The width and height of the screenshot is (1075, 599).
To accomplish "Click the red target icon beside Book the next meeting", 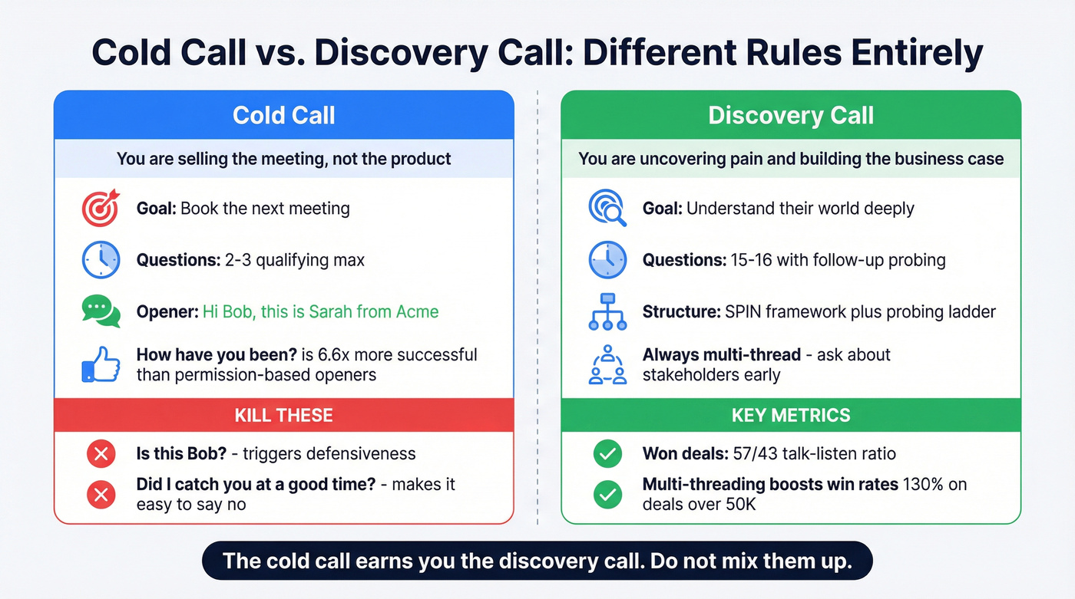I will [x=101, y=208].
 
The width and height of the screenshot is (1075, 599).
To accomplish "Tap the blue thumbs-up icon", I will [x=101, y=365].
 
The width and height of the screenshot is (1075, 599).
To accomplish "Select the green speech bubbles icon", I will [x=101, y=311].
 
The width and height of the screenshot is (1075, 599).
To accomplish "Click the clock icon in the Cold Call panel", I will [x=101, y=260].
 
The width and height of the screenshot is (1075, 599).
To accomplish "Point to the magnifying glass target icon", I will [x=607, y=208].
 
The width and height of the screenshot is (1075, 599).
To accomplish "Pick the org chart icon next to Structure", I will [x=607, y=311].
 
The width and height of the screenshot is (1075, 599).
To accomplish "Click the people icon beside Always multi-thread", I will [x=607, y=364].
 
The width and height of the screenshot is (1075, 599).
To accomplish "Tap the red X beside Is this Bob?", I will [x=100, y=454].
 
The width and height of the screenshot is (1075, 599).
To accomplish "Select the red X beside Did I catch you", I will [x=100, y=495].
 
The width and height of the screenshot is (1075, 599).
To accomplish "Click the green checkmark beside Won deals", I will [x=607, y=454].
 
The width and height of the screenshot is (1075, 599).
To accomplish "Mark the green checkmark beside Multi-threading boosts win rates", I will [x=607, y=495].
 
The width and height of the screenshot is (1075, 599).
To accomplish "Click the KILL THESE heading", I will [x=283, y=416].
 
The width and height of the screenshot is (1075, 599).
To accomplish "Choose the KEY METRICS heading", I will [x=791, y=416].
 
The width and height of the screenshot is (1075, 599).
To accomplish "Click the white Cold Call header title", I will [x=283, y=116].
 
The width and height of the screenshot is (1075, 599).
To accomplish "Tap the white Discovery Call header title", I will [x=791, y=116].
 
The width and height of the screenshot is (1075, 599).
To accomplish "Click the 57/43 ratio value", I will [x=749, y=454].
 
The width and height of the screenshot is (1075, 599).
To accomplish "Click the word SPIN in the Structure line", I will [x=744, y=312].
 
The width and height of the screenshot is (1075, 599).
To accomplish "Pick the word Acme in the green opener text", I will [x=418, y=312].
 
